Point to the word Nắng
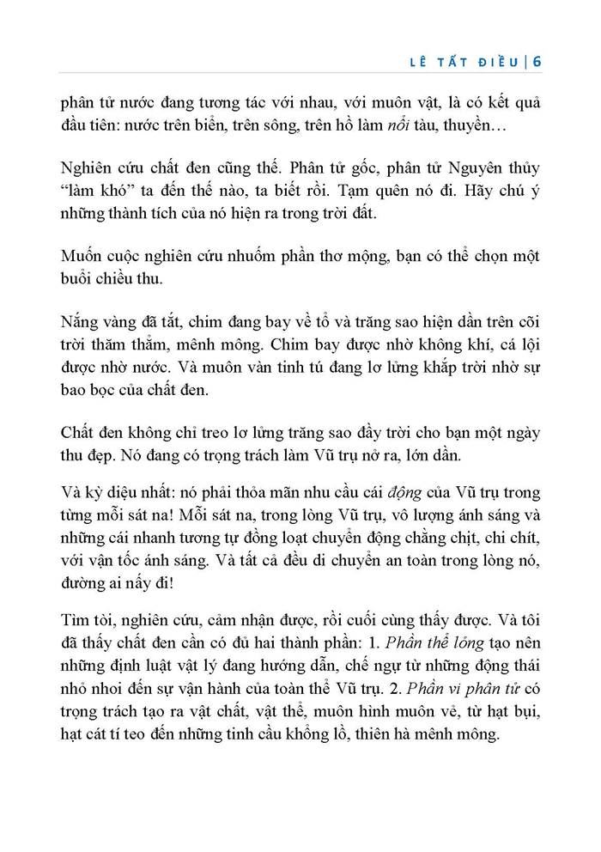click(82, 321)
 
